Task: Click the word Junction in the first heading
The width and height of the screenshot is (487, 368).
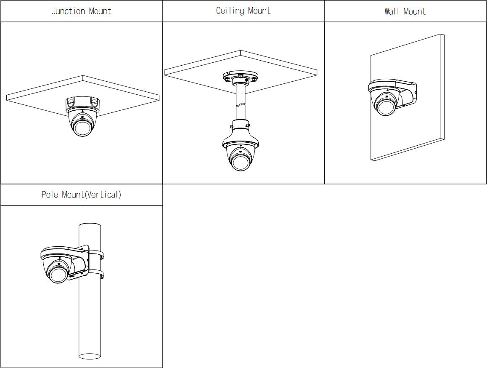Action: point(68,11)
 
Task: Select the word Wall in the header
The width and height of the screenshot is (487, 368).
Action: point(392,12)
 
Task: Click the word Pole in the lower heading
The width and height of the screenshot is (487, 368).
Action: point(50,195)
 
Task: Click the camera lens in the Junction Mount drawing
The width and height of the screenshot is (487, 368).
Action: point(82,125)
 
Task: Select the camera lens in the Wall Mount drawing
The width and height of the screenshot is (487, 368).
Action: point(386,105)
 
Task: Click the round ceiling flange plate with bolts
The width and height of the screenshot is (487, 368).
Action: point(241,77)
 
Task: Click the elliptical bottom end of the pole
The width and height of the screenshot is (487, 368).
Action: point(90,356)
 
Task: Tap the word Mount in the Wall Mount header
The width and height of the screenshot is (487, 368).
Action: point(415,12)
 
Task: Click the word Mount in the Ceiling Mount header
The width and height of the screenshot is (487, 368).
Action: point(259,11)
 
